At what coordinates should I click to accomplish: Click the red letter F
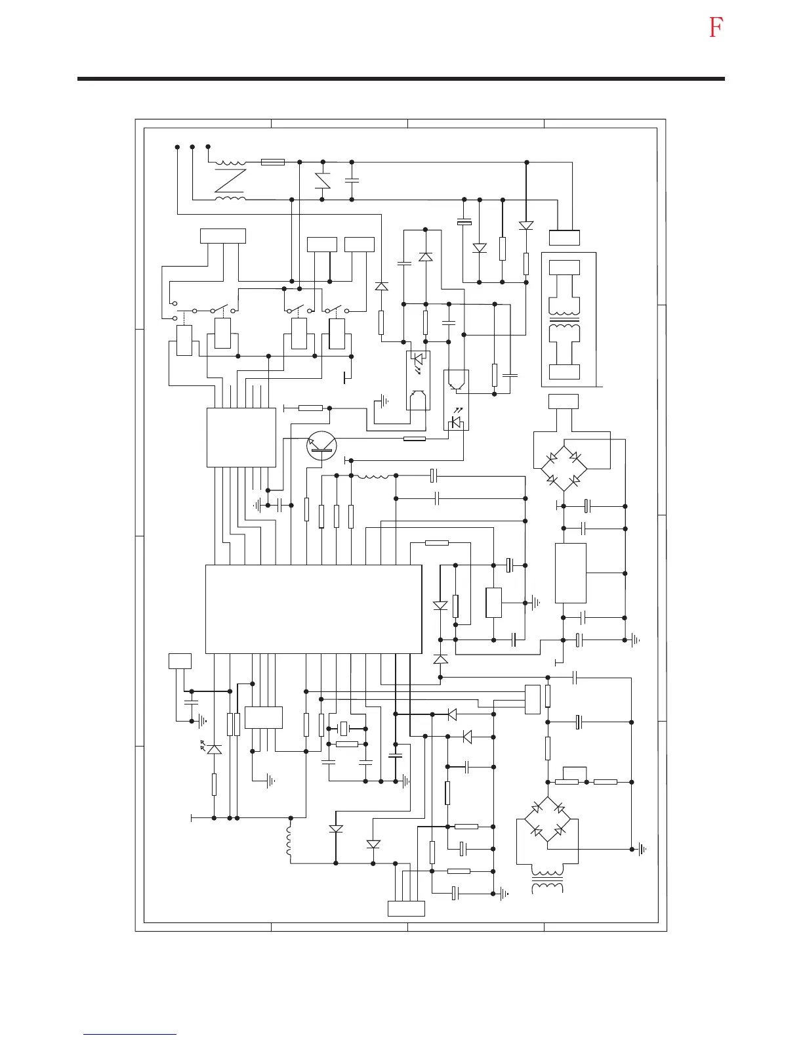point(716,28)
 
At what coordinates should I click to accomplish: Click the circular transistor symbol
point(321,447)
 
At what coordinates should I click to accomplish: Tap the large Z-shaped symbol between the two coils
point(230,181)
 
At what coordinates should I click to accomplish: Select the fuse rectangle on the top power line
point(272,162)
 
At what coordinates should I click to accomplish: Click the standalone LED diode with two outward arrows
point(214,748)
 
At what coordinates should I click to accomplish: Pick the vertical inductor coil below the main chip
point(289,841)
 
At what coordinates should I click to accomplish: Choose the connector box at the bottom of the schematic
point(406,909)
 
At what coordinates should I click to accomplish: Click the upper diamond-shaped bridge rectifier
point(564,467)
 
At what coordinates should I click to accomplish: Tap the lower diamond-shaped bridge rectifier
point(548,819)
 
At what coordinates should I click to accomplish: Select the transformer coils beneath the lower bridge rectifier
point(546,881)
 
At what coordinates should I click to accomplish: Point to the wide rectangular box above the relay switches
point(223,236)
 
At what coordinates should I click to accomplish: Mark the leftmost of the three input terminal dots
point(177,146)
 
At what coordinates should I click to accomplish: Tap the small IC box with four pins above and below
point(263,717)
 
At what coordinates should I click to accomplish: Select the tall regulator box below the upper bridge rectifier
point(571,573)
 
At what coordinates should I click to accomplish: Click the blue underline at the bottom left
point(130,1034)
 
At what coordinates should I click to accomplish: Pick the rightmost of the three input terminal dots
point(208,146)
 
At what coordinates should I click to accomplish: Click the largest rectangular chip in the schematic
point(314,609)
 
